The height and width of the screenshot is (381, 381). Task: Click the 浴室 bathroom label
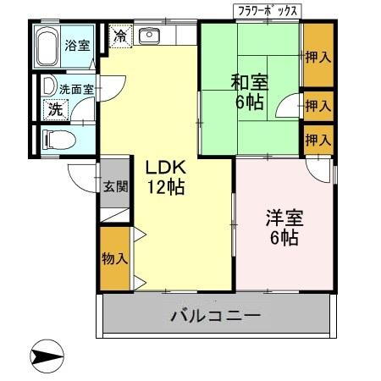77,45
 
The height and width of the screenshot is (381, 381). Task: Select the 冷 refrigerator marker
121,36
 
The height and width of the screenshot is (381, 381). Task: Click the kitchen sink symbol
150,36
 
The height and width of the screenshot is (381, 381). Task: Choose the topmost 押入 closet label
317,57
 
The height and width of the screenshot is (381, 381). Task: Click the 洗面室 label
74,88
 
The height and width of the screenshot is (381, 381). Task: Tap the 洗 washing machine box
54,108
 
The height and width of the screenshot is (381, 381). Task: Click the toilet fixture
55,138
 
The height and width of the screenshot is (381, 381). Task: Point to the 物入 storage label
114,257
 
